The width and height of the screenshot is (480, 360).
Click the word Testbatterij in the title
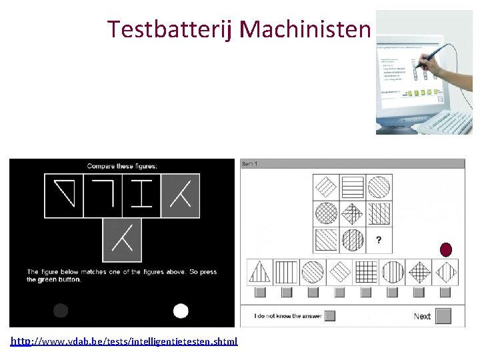coord(171,29)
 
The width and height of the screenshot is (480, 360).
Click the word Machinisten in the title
coord(304,29)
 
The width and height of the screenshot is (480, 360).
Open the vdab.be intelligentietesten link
coord(124,341)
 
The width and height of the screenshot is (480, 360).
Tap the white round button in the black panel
coord(181,311)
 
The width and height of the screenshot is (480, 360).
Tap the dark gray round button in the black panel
coord(61,311)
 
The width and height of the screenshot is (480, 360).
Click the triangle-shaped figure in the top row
coord(64,195)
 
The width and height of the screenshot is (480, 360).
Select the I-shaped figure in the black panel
coord(141,195)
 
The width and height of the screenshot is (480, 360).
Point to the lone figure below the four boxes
coord(122,239)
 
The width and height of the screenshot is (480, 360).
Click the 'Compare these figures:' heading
coord(121,165)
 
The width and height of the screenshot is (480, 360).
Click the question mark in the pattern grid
coord(379,240)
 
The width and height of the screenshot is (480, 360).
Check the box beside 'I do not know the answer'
coord(329,316)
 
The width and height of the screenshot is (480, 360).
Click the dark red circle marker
coord(446,250)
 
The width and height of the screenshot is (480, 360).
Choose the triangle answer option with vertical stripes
coord(259,272)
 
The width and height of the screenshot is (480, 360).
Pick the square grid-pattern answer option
coord(366,272)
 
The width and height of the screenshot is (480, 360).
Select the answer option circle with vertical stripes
coord(393,272)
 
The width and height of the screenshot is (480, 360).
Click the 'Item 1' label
coord(250,163)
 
